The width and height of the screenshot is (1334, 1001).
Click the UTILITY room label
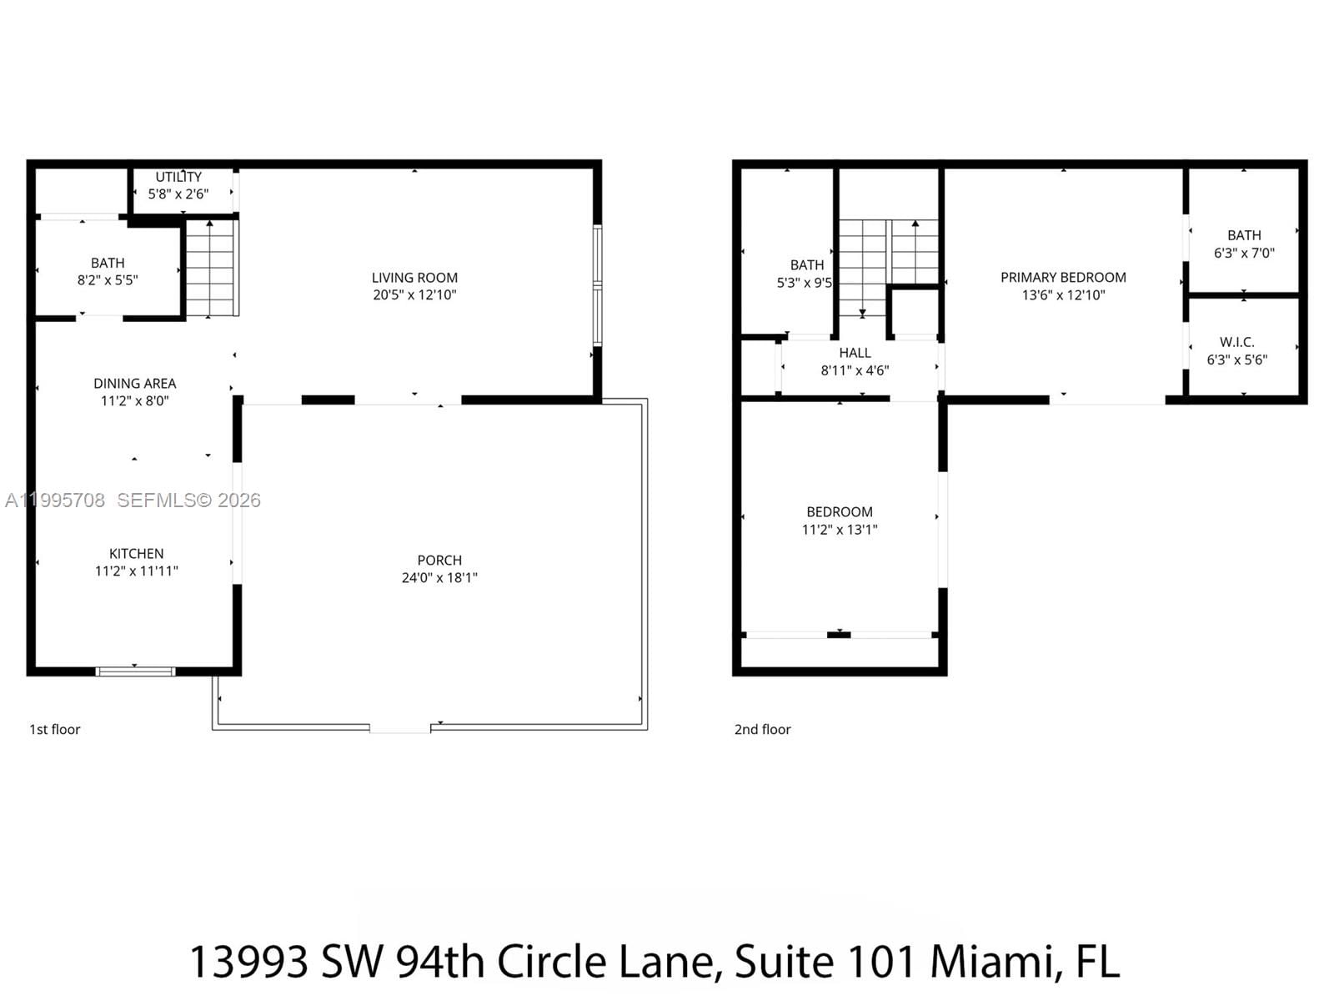[178, 177]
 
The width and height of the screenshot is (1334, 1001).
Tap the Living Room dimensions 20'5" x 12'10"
[414, 294]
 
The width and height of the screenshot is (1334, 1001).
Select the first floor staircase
[210, 269]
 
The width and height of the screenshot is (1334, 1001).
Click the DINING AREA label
[134, 384]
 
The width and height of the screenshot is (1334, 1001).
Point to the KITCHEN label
[136, 554]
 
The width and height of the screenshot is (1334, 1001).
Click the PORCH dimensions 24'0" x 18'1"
[439, 577]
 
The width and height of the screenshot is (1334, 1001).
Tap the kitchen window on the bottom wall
[135, 671]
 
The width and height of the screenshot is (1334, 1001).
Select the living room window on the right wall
[597, 285]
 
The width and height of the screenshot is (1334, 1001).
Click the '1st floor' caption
[55, 729]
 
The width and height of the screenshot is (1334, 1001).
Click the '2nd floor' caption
[762, 729]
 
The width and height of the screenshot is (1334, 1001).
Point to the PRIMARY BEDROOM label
[1063, 277]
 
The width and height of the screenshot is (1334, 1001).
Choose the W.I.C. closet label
[1236, 342]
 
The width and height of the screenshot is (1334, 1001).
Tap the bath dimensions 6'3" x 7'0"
[1244, 253]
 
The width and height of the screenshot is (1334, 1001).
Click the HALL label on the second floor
[855, 353]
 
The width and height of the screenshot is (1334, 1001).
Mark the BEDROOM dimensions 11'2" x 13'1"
[840, 529]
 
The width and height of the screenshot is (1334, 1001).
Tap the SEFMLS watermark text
[188, 500]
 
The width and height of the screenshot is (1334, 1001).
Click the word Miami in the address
[995, 961]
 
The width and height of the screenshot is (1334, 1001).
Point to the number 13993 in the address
[248, 961]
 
